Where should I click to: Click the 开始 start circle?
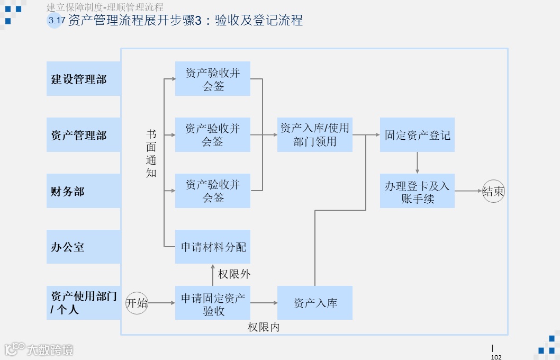point(137,303)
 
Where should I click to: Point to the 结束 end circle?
point(493,191)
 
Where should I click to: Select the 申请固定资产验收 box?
point(213,303)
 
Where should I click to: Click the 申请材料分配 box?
point(213,247)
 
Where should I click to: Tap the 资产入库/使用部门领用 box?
point(315,135)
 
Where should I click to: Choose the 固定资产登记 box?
point(417,135)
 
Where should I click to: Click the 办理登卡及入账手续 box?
point(417,191)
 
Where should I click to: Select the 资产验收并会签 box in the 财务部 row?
point(213,191)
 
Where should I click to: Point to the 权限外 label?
point(234,274)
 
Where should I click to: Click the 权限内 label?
point(264,327)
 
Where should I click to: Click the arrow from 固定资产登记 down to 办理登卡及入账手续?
point(417,163)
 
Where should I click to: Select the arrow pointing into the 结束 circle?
point(468,191)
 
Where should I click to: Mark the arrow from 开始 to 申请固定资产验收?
point(161,303)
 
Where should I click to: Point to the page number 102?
point(496,357)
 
